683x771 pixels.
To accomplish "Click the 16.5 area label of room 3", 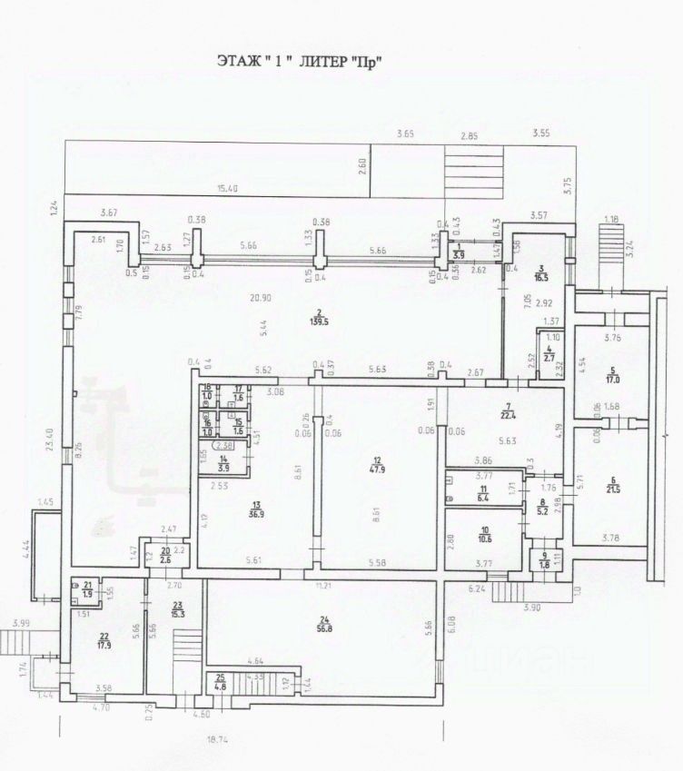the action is tap(541, 274).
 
